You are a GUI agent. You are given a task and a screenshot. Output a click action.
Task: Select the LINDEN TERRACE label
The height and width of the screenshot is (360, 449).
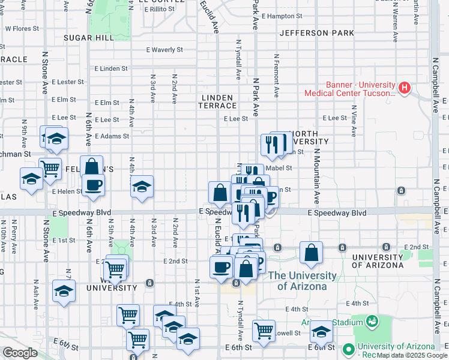tap(218, 101)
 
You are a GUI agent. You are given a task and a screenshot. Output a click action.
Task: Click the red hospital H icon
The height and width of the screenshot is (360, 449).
tap(405, 88)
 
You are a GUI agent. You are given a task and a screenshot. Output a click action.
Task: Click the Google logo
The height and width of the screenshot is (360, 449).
tap(20, 352)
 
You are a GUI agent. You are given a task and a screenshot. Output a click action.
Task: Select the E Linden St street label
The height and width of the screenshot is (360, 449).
tap(111, 68)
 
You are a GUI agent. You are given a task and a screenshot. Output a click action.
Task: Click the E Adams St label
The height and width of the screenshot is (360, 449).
tap(113, 136)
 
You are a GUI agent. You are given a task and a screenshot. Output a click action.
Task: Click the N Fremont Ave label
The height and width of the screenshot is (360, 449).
tap(277, 76)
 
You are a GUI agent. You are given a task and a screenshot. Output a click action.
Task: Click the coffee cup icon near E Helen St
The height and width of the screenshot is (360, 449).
tap(93, 185)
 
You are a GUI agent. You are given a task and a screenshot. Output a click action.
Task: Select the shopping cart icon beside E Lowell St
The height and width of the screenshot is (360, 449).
tap(264, 330)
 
